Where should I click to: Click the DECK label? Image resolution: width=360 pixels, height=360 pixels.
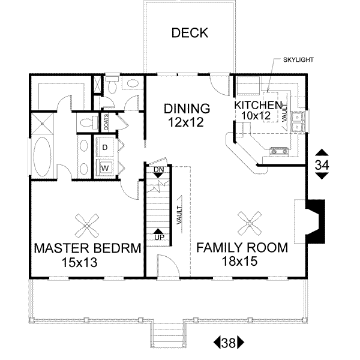click(190, 33)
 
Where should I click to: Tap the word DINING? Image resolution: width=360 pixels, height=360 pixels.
click(187, 109)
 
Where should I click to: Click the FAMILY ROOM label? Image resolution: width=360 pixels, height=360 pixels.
click(242, 247)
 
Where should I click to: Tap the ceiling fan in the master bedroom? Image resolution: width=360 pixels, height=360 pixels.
click(88, 226)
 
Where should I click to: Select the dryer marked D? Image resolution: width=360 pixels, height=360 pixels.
click(104, 147)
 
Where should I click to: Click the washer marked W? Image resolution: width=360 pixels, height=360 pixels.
click(104, 167)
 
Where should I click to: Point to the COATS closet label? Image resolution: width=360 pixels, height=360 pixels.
click(106, 122)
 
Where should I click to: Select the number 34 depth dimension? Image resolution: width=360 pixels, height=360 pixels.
click(322, 164)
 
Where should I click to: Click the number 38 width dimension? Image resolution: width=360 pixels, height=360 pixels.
click(228, 343)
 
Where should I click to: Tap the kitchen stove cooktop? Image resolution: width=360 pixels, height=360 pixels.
click(280, 150)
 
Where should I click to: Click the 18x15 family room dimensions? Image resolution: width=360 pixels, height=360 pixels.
click(242, 262)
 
